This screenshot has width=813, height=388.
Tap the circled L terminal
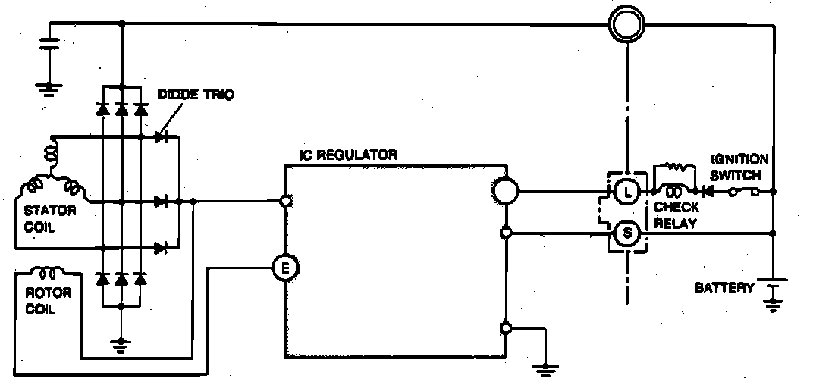[x=626, y=192]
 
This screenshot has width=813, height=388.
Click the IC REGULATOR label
[x=348, y=155]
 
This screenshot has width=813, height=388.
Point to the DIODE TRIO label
[x=196, y=95]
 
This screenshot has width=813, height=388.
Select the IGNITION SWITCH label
[x=739, y=166]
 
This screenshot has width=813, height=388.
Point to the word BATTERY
[x=724, y=287]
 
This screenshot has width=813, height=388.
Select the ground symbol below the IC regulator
[x=545, y=369]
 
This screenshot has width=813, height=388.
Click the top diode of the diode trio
[x=160, y=137]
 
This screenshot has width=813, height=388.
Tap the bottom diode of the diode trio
[x=160, y=247]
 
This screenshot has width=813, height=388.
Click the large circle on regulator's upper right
[x=504, y=190]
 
